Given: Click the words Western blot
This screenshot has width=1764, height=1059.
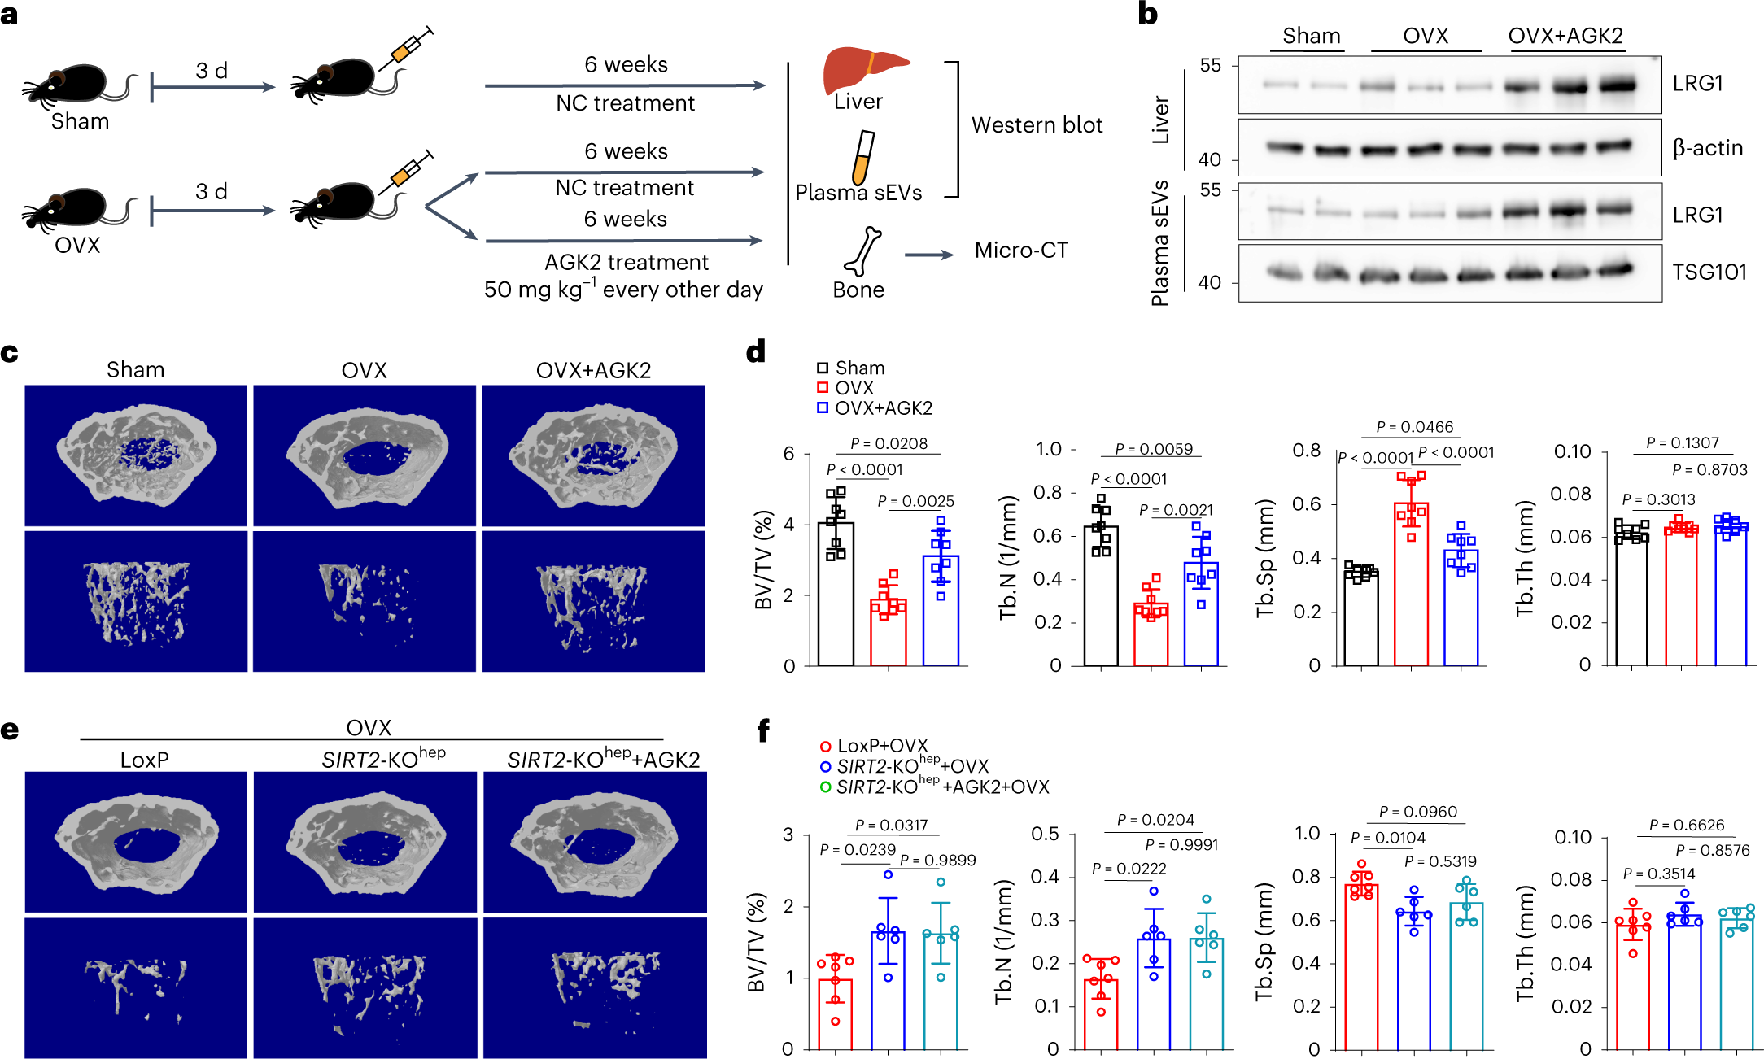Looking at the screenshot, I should pyautogui.click(x=1037, y=125).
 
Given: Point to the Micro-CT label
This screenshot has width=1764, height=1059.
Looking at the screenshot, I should pyautogui.click(x=1021, y=251).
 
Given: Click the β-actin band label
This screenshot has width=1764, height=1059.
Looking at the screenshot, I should pyautogui.click(x=1707, y=148).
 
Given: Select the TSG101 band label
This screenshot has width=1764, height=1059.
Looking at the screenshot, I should pyautogui.click(x=1709, y=272).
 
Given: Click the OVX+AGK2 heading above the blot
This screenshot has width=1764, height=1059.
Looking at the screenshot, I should pyautogui.click(x=1565, y=37).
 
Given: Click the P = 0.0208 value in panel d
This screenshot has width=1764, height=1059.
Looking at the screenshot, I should pyautogui.click(x=889, y=443).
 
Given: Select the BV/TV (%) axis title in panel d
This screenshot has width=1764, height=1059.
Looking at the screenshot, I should pyautogui.click(x=763, y=560).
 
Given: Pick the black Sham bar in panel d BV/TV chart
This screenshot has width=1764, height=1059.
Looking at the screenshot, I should pyautogui.click(x=836, y=594).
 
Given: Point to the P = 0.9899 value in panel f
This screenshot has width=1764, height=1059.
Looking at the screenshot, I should pyautogui.click(x=937, y=861).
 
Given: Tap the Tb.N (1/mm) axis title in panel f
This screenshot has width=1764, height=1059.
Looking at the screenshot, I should pyautogui.click(x=1006, y=942).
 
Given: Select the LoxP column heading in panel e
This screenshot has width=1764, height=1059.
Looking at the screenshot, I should pyautogui.click(x=145, y=760).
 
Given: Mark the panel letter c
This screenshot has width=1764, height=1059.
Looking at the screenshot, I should pyautogui.click(x=10, y=353).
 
